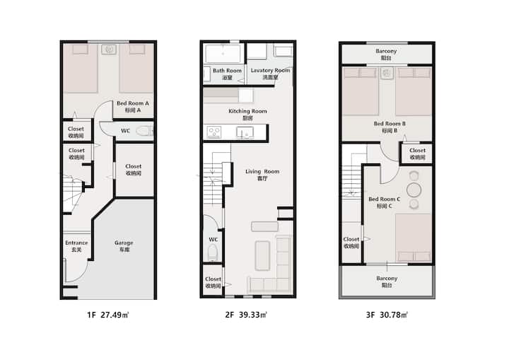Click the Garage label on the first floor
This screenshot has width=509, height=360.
pyautogui.click(x=124, y=246)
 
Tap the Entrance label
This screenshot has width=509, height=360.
pyautogui.click(x=76, y=246)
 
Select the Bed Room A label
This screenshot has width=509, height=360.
pyautogui.click(x=133, y=107)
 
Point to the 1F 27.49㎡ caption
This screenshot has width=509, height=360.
pyautogui.click(x=108, y=315)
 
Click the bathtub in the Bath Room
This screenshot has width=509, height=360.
pyautogui.click(x=223, y=53)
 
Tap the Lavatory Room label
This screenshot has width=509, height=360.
pyautogui.click(x=270, y=74)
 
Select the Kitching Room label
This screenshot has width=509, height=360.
pyautogui.click(x=247, y=115)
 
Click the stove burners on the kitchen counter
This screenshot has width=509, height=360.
pyautogui.click(x=214, y=132)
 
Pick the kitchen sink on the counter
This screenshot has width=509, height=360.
pyautogui.click(x=245, y=132)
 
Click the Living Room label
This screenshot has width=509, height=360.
pyautogui.click(x=262, y=175)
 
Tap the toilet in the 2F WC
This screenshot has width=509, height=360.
pyautogui.click(x=212, y=252)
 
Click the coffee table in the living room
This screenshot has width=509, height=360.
pyautogui.click(x=262, y=256)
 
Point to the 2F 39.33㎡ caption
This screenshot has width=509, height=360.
pyautogui.click(x=246, y=315)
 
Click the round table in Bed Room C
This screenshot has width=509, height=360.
pyautogui.click(x=414, y=190)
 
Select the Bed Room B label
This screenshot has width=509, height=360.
pyautogui.click(x=390, y=127)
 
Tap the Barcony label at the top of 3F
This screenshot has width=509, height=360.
pyautogui.click(x=386, y=54)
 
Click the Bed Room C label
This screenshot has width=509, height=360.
pyautogui.click(x=385, y=202)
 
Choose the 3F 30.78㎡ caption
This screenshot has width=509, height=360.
pyautogui.click(x=387, y=315)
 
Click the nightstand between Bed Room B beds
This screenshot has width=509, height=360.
pyautogui.click(x=387, y=73)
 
